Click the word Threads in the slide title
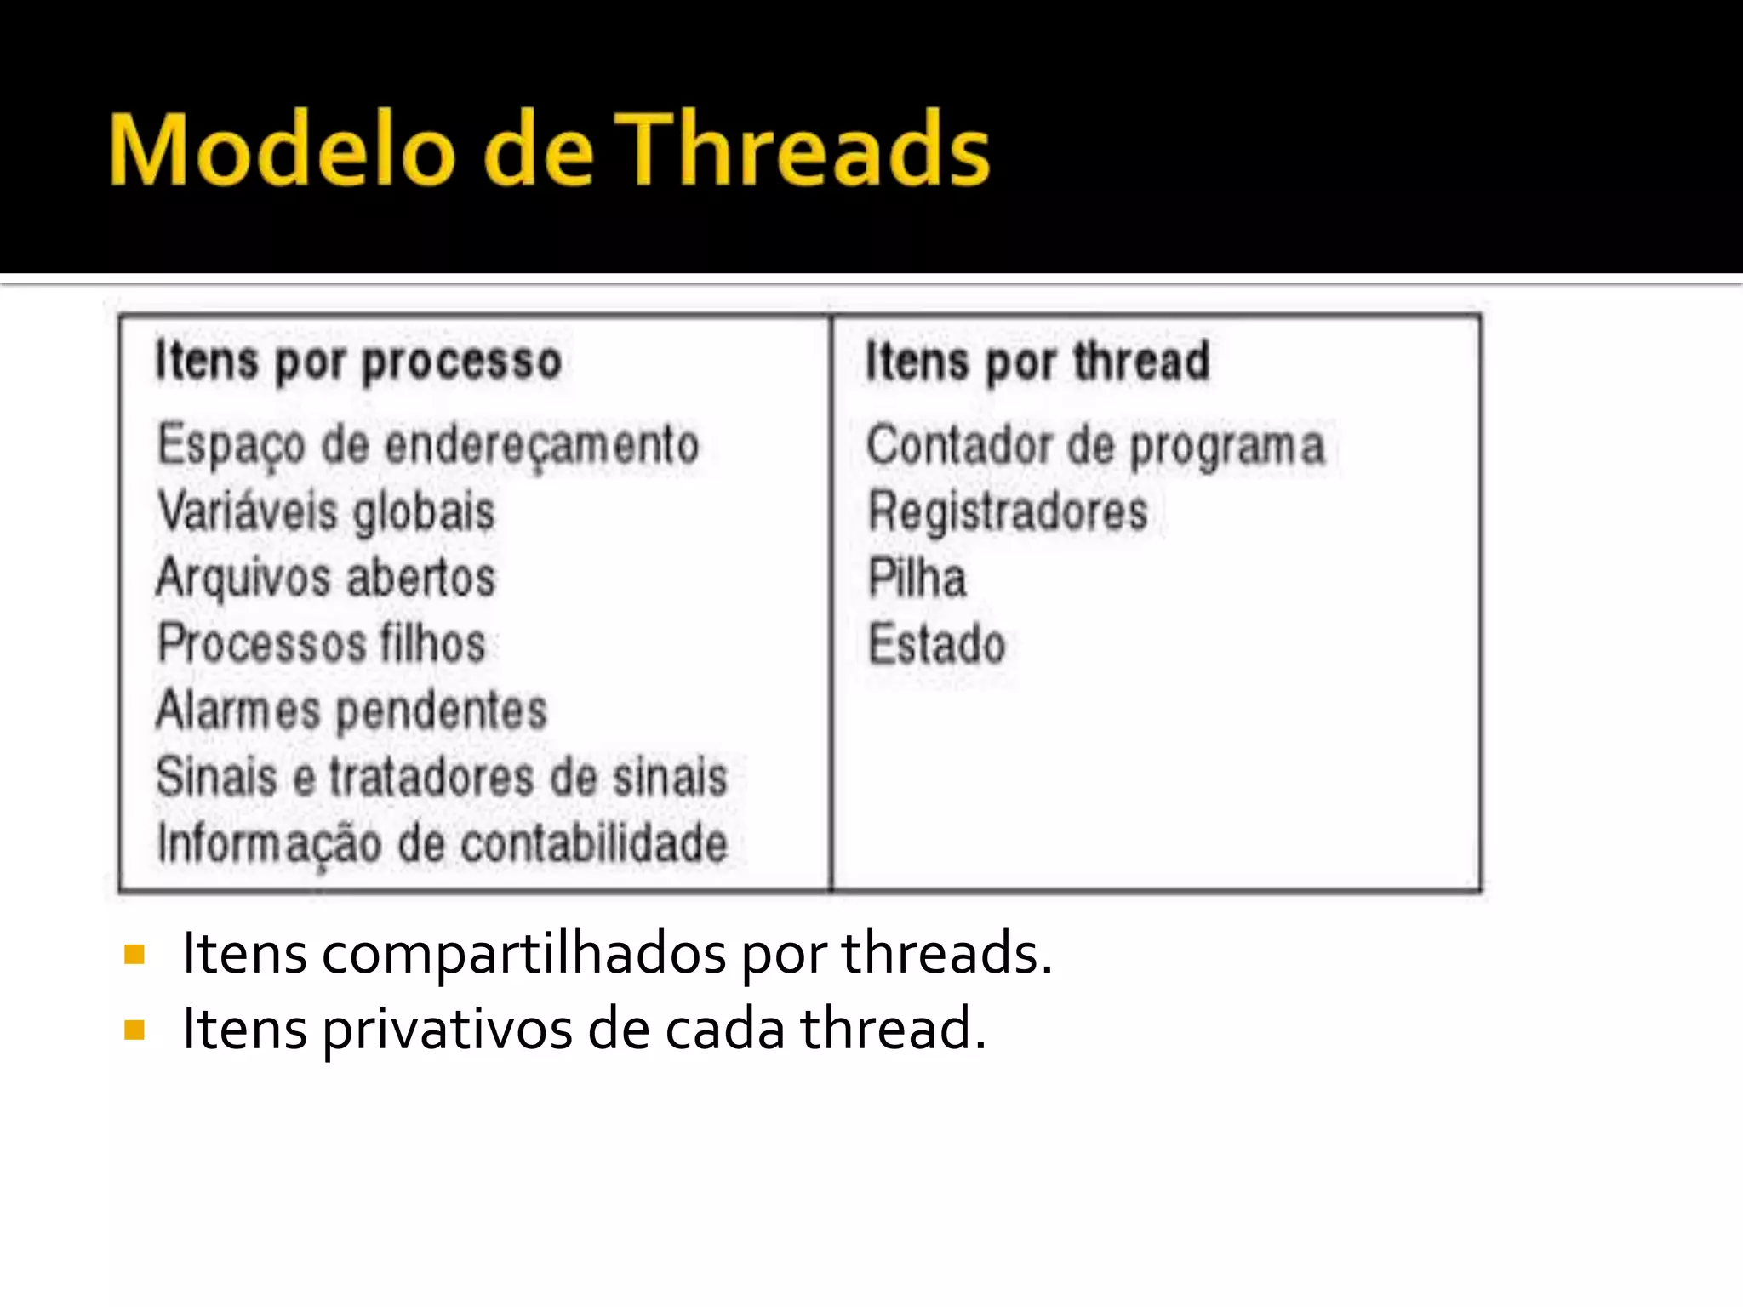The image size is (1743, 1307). tap(802, 150)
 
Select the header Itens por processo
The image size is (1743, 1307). tap(358, 361)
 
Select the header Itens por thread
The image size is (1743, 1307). tap(1037, 361)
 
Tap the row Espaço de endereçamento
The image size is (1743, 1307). tap(428, 444)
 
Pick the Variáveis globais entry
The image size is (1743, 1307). tap(326, 511)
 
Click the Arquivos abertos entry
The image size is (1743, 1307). tap(326, 577)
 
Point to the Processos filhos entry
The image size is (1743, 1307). tap(322, 643)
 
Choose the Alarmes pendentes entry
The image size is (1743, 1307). tap(351, 710)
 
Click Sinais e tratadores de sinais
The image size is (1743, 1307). tap(442, 776)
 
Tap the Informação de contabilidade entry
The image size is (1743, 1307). tap(442, 842)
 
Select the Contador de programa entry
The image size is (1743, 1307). tap(1095, 444)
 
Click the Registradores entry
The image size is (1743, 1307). tap(1008, 511)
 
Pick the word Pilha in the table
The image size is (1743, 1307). tap(917, 577)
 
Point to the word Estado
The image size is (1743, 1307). tap(936, 643)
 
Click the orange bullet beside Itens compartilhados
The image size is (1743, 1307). tap(134, 954)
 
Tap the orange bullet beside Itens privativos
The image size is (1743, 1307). tap(134, 1030)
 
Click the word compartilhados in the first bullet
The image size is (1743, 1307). tap(523, 954)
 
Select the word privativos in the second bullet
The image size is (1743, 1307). tap(447, 1030)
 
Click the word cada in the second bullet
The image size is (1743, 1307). tap(724, 1030)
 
